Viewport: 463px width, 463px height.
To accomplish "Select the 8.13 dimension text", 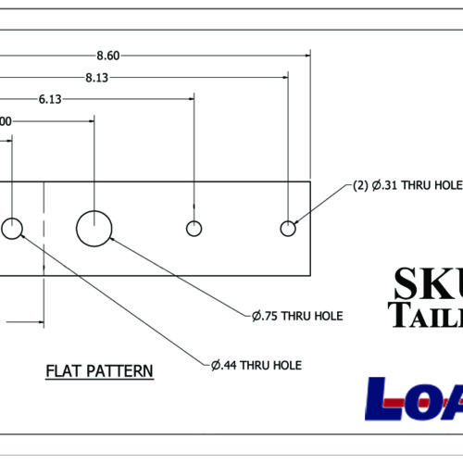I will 97,78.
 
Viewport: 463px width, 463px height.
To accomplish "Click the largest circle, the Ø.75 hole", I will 94,228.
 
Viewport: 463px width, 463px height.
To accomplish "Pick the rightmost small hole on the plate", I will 289,228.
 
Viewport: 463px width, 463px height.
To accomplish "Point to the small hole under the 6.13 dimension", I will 194,228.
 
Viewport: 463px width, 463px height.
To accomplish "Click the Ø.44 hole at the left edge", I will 12,228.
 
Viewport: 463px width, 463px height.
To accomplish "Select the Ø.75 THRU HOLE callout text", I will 297,316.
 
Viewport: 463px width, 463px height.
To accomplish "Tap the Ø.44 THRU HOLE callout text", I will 256,365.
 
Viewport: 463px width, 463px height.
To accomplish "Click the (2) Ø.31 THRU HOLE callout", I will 407,185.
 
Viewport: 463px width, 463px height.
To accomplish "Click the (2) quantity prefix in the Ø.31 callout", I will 362,185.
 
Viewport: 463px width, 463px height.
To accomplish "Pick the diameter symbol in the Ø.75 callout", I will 257,316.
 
